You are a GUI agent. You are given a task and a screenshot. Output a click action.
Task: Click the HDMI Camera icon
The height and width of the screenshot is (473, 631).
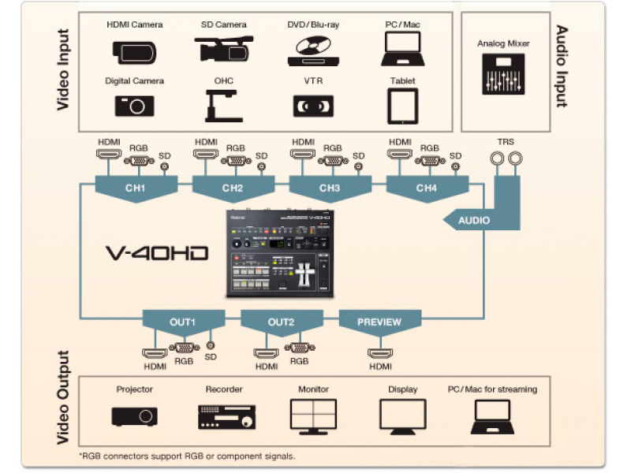point(134,51)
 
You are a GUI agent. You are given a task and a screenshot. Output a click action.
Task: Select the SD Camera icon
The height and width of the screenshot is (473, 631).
point(223,50)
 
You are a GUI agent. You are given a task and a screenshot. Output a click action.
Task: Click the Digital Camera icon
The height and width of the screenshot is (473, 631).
point(134,104)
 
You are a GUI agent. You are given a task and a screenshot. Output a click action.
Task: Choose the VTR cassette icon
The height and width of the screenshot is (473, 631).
point(313,105)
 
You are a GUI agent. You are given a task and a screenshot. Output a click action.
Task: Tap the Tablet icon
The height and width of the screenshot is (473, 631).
point(402,104)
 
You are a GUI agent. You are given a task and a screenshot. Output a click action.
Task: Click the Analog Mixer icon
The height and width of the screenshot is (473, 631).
point(502,77)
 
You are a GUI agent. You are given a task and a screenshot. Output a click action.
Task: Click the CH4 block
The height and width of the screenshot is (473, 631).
point(426,188)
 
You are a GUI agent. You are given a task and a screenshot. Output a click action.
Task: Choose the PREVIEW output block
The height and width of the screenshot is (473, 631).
point(379,322)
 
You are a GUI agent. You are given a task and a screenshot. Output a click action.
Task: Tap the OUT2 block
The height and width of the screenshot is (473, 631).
point(281,322)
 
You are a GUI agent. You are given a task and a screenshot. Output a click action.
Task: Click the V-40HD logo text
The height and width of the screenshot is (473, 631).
point(157,253)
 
